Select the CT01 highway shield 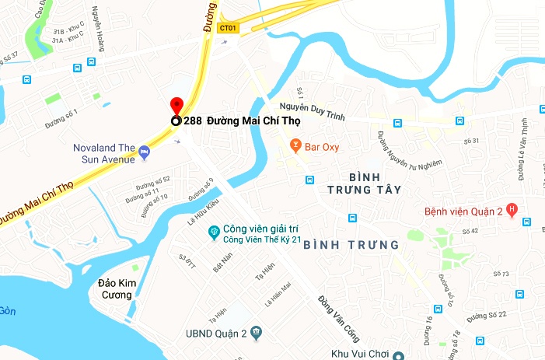pyautogui.click(x=228, y=28)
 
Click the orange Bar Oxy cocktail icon pyautogui.click(x=295, y=145)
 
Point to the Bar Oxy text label pyautogui.click(x=322, y=146)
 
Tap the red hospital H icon pyautogui.click(x=511, y=209)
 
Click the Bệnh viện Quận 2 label pyautogui.click(x=463, y=211)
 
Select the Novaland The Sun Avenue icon pyautogui.click(x=144, y=149)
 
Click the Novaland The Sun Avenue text pyautogui.click(x=104, y=153)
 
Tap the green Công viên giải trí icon pyautogui.click(x=214, y=232)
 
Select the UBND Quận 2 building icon pyautogui.click(x=257, y=334)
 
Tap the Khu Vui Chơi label pyautogui.click(x=358, y=354)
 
